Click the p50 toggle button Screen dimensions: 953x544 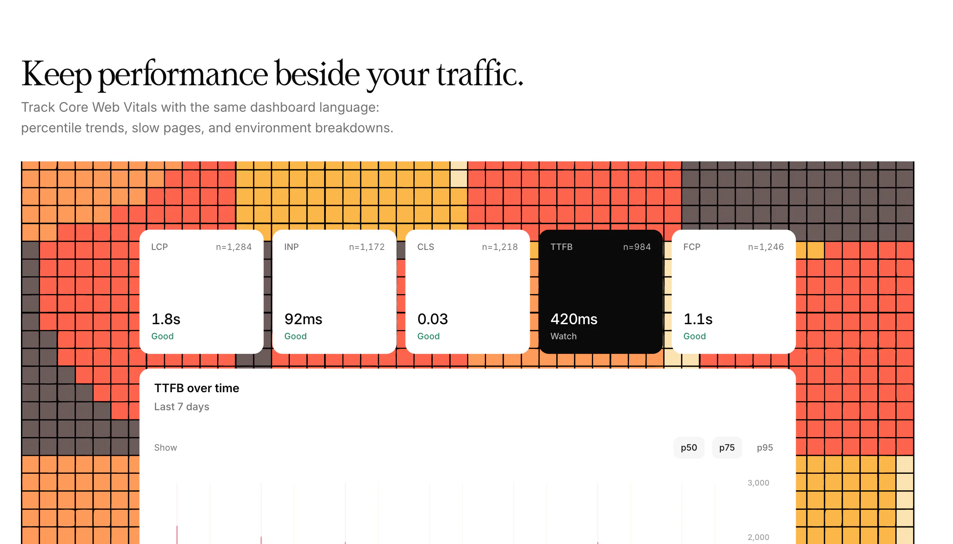click(688, 447)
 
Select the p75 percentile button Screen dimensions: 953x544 click(726, 447)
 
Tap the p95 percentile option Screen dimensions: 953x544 click(765, 447)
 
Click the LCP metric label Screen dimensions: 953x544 click(159, 247)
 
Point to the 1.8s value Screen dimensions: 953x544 click(166, 319)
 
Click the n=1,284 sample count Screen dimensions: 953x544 click(234, 247)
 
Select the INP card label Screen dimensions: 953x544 click(291, 247)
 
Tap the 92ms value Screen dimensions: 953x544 click(303, 319)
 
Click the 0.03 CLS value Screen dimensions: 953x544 click(432, 319)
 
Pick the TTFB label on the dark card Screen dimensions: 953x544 click(561, 247)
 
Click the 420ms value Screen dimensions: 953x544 click(574, 319)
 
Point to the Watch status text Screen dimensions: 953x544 click(564, 336)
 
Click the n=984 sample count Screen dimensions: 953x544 click(637, 247)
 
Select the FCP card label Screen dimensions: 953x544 click(691, 247)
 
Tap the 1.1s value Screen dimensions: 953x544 click(698, 319)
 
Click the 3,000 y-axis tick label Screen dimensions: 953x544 click(758, 482)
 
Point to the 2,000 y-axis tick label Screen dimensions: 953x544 click(758, 537)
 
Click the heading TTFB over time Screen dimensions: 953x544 click(197, 388)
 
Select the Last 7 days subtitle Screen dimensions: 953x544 click(181, 407)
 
